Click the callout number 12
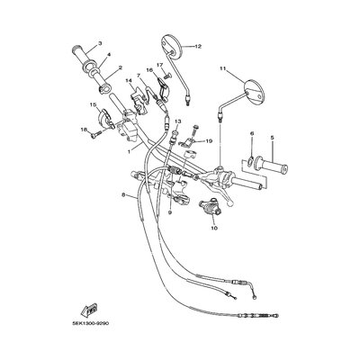click(x=198, y=46)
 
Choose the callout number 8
click(x=122, y=194)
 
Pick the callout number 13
click(x=177, y=121)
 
